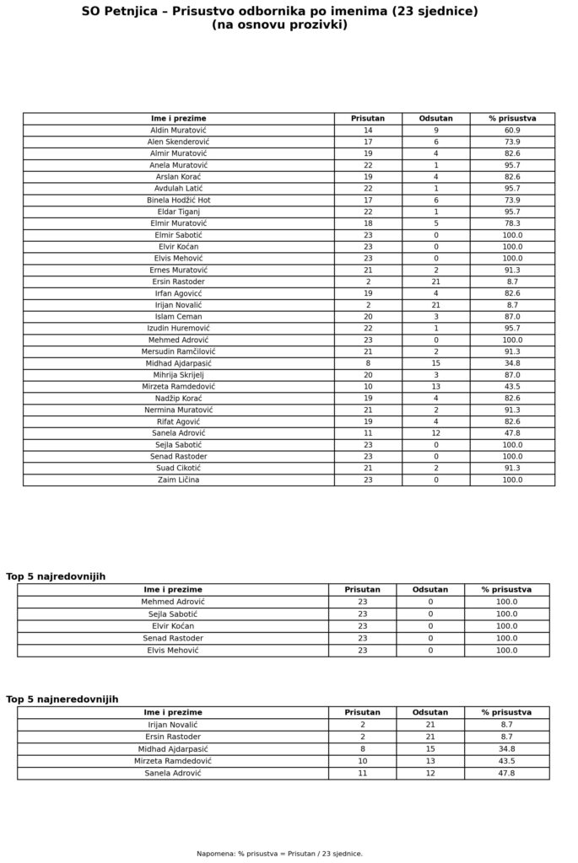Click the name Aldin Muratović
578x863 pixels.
point(178,131)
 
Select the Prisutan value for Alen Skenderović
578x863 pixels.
point(368,142)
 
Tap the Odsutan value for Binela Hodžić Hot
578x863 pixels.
point(435,201)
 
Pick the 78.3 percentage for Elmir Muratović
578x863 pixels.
point(512,223)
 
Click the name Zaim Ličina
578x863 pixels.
point(178,480)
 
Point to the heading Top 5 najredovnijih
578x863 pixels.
point(56,576)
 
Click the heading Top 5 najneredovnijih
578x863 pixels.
point(62,700)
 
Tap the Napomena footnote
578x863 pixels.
point(279,854)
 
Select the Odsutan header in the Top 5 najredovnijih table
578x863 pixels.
point(430,590)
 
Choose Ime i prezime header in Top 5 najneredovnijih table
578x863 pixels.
point(173,712)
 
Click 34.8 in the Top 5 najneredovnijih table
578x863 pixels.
point(506,748)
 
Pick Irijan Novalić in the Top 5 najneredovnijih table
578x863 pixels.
point(173,725)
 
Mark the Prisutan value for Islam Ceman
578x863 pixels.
point(368,316)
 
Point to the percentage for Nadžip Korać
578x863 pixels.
point(512,398)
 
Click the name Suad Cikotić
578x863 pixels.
point(178,468)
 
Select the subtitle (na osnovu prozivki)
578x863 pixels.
point(279,25)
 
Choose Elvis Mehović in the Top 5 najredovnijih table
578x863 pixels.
point(173,651)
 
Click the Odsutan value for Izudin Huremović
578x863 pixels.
point(435,328)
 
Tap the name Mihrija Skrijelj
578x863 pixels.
point(178,375)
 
